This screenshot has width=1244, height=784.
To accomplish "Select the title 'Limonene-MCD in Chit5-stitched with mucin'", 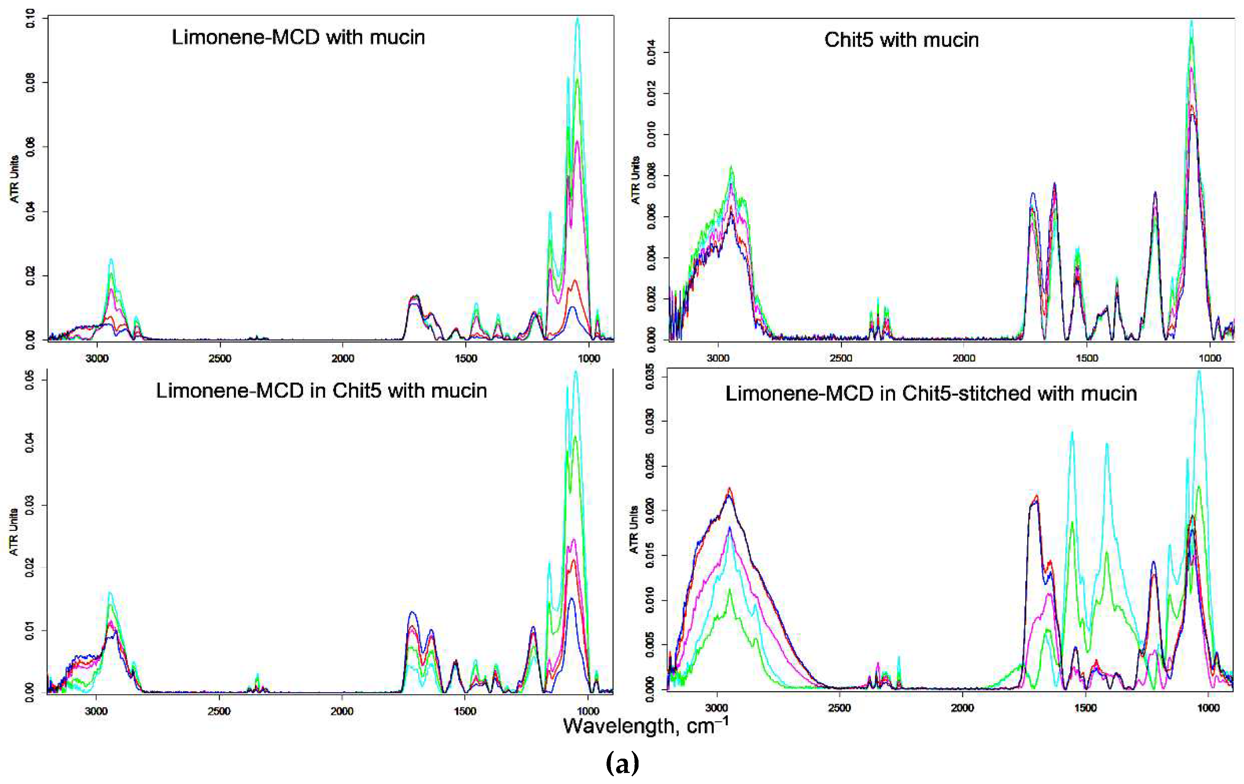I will pyautogui.click(x=931, y=394).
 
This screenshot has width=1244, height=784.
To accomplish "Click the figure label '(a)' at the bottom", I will pyautogui.click(x=622, y=763).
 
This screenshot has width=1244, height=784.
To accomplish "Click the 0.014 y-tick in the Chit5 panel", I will pyautogui.click(x=651, y=52).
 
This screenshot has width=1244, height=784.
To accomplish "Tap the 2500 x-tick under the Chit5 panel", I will pyautogui.click(x=840, y=358).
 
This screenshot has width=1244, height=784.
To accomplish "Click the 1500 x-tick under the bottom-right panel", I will pyautogui.click(x=1085, y=707).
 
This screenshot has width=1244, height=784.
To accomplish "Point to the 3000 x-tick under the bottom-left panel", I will pyautogui.click(x=96, y=711).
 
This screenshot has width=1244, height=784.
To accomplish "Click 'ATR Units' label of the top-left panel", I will pyautogui.click(x=14, y=178).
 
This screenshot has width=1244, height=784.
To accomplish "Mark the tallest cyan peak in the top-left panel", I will pyautogui.click(x=577, y=19).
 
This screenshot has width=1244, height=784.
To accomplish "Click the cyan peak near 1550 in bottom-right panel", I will pyautogui.click(x=1072, y=433).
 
